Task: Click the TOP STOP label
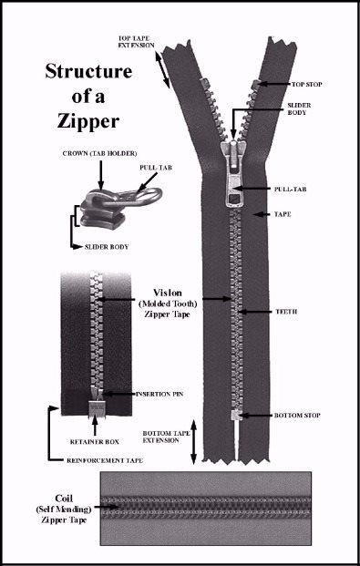(x=306, y=85)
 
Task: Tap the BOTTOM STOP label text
(x=297, y=416)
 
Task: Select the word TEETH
(x=285, y=312)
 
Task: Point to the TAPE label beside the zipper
(x=283, y=214)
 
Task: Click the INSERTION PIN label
(x=159, y=394)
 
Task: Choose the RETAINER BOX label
(x=95, y=442)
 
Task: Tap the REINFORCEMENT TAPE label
(x=105, y=460)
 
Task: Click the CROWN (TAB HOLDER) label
(x=99, y=153)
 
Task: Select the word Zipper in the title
(x=88, y=121)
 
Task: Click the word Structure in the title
(x=88, y=71)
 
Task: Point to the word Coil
(x=64, y=499)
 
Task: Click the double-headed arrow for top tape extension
(x=162, y=69)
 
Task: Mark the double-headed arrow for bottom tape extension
(x=193, y=442)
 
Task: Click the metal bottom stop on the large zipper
(x=235, y=415)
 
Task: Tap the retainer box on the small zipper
(x=96, y=407)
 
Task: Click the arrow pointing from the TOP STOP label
(x=274, y=84)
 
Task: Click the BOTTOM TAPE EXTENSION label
(x=165, y=437)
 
